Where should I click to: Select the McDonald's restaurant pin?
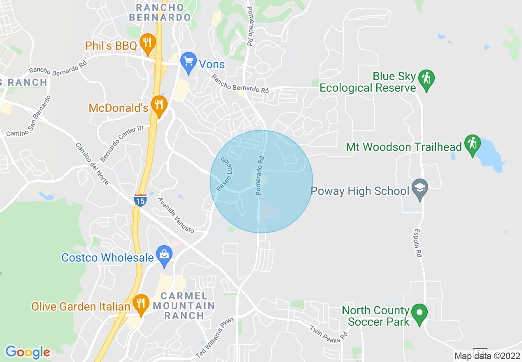click(x=158, y=105)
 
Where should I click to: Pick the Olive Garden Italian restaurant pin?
click(x=141, y=304)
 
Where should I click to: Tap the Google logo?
click(x=28, y=352)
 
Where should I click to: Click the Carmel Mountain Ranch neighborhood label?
click(x=184, y=306)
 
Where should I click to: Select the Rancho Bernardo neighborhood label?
click(x=160, y=12)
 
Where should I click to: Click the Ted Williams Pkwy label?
click(x=214, y=337)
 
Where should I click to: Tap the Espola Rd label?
click(x=418, y=243)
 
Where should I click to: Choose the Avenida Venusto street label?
click(x=176, y=215)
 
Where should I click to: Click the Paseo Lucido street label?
click(x=225, y=174)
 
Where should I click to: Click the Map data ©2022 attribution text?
click(x=487, y=356)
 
